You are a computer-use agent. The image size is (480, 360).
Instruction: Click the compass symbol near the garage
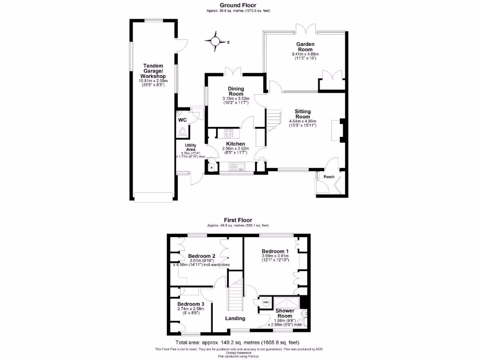216,41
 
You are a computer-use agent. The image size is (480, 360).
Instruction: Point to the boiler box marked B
211,167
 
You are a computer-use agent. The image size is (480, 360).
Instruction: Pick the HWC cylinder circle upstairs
266,302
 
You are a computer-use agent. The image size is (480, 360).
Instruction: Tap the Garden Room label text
305,46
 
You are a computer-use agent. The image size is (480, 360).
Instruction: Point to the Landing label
235,318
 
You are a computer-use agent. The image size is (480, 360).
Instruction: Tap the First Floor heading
238,220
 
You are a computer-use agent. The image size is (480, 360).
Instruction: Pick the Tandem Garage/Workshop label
153,71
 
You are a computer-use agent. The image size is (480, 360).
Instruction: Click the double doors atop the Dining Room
233,71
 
